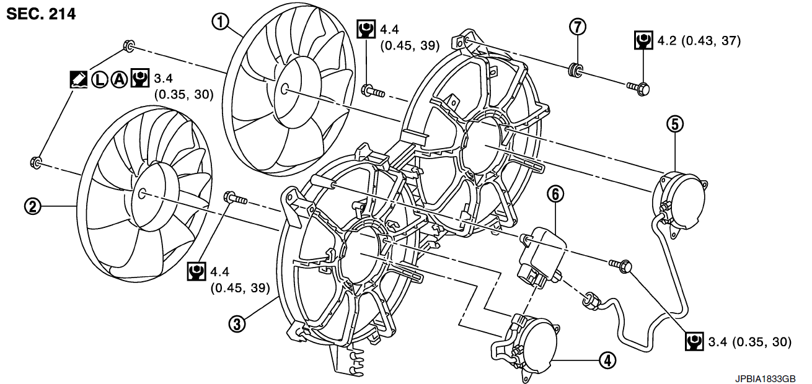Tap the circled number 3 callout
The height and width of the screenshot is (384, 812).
tap(236, 323)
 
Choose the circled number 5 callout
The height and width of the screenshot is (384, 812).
tap(675, 124)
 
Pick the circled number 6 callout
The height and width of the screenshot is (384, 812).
tap(555, 194)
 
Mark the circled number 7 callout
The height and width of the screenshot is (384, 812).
tap(578, 27)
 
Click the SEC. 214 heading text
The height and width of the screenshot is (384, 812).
tap(41, 14)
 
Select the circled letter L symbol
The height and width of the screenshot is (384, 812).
tap(100, 79)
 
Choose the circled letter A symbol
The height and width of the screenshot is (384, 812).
tap(118, 79)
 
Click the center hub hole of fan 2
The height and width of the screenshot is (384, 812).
tap(141, 193)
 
